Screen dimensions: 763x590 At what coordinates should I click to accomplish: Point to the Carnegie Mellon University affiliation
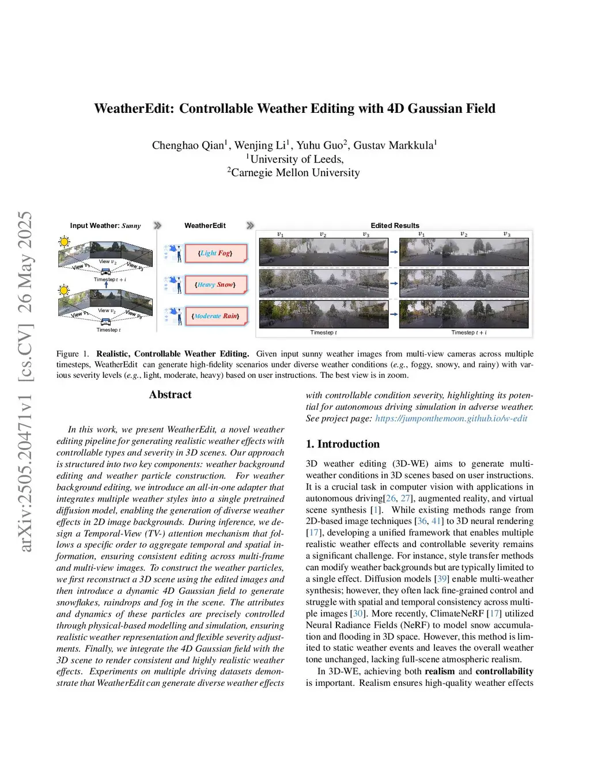coord(295,173)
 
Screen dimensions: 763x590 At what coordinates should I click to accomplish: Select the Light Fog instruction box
coord(216,253)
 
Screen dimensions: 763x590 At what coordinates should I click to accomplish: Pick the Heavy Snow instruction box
coord(215,284)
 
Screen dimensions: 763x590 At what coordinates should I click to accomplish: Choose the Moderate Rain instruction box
coord(216,316)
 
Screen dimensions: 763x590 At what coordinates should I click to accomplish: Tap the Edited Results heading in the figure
coord(395,226)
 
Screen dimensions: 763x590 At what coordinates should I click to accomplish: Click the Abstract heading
coord(170,394)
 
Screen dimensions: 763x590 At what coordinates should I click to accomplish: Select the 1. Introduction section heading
coord(342,444)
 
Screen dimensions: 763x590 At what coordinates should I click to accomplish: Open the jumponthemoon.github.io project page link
coord(451,418)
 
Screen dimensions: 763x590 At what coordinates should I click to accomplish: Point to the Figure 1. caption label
coord(73,354)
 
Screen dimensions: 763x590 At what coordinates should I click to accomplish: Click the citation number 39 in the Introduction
coord(442,579)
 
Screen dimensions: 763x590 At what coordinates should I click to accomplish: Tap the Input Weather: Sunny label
coord(105,226)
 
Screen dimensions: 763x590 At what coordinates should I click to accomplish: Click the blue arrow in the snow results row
coord(394,283)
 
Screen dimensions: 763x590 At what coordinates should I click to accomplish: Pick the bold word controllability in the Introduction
coord(504,671)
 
